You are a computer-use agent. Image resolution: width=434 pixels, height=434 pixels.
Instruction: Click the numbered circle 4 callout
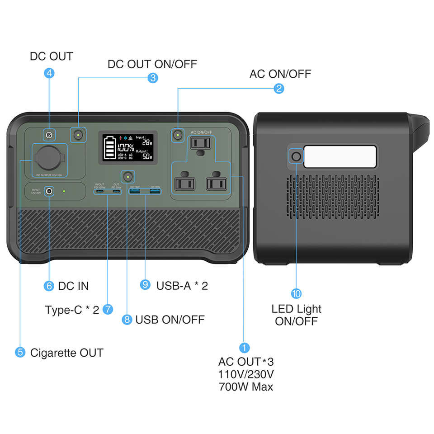pyautogui.click(x=50, y=73)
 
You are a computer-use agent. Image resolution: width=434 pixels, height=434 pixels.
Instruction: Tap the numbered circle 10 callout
pyautogui.click(x=297, y=294)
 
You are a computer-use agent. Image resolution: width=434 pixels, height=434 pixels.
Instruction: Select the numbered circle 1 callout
pyautogui.click(x=244, y=348)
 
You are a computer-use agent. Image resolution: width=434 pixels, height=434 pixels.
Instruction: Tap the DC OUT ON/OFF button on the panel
pyautogui.click(x=79, y=134)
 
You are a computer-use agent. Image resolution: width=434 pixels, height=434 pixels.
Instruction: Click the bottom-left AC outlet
pyautogui.click(x=185, y=183)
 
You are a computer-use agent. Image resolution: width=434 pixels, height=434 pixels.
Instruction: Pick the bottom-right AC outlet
pyautogui.click(x=216, y=183)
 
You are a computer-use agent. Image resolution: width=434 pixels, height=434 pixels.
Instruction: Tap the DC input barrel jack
pyautogui.click(x=48, y=192)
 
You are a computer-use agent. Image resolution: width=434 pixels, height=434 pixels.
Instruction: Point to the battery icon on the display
pyautogui.click(x=109, y=147)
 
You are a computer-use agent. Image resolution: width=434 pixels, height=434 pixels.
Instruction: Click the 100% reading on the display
pyautogui.click(x=126, y=147)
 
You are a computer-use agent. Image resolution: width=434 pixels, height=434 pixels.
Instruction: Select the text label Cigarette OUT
pyautogui.click(x=66, y=353)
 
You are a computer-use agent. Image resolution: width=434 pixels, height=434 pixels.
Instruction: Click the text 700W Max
pyautogui.click(x=245, y=387)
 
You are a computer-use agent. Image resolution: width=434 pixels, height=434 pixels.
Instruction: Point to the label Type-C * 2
pyautogui.click(x=72, y=310)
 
